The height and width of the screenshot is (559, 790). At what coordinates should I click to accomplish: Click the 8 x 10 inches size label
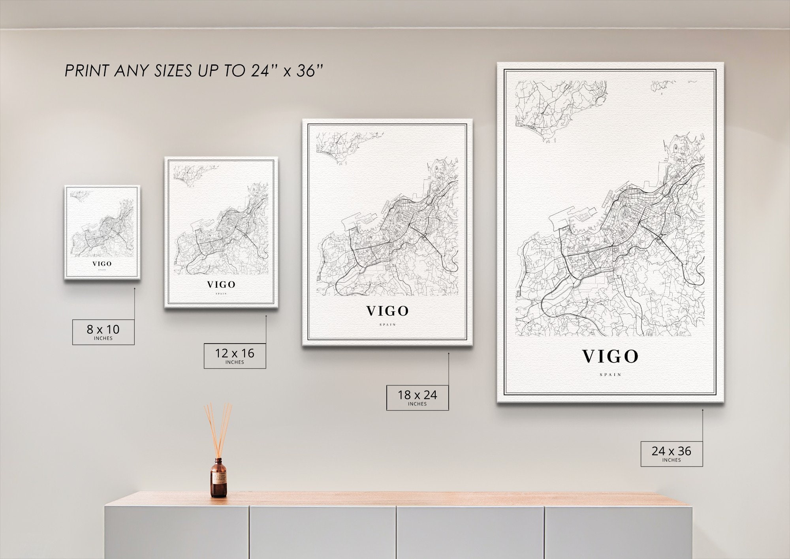click(x=103, y=332)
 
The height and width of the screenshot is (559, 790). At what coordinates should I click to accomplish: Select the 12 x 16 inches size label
click(x=235, y=356)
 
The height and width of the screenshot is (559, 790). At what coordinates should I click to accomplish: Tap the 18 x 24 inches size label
click(x=417, y=397)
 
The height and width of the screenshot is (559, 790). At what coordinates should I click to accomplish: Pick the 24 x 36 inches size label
click(x=671, y=453)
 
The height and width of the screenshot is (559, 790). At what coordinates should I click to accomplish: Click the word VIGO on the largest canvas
click(x=610, y=357)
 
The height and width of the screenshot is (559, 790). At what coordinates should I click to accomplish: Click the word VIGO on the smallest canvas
click(x=102, y=264)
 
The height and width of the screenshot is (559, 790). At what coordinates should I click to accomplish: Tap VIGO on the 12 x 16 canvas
click(x=221, y=285)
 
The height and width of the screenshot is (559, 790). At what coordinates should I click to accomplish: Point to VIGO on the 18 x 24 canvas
click(x=387, y=312)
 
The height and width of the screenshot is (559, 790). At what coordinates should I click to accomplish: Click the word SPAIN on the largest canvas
click(x=610, y=374)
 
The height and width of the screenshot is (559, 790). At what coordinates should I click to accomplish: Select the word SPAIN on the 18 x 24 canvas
click(x=387, y=325)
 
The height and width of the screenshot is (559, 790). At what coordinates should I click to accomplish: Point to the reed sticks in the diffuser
click(x=218, y=429)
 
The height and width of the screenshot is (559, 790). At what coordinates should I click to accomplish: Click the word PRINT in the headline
click(x=87, y=71)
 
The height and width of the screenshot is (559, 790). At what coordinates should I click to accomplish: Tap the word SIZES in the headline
click(x=173, y=71)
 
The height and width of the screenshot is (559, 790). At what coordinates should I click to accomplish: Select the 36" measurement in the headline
click(x=310, y=71)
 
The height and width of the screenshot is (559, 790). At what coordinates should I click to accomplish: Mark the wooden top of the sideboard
click(x=395, y=499)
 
